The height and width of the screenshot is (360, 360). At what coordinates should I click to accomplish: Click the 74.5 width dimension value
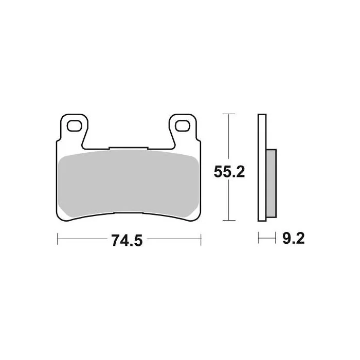pos(127,240)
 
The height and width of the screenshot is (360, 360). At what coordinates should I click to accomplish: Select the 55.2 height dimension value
pos(229,171)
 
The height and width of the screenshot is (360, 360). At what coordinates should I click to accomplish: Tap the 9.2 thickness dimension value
pos(294,238)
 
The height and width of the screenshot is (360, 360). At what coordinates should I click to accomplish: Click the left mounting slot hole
pos(74,126)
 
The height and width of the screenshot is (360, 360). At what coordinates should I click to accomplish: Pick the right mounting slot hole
pos(183,126)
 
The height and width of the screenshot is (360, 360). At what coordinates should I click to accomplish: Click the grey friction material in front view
pos(129,184)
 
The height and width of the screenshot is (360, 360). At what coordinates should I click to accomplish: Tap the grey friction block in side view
pos(271,183)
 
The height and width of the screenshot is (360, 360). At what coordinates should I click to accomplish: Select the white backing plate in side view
pos(262,168)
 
